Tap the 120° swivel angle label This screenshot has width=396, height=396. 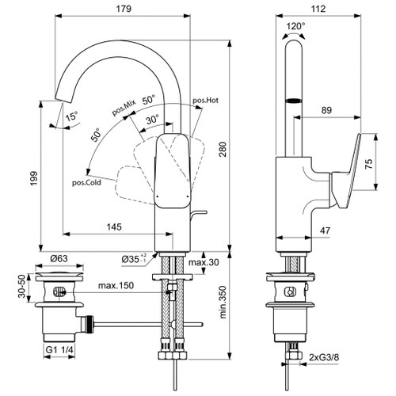(295, 25)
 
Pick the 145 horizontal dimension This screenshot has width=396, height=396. (115, 227)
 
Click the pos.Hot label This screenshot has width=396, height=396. (206, 101)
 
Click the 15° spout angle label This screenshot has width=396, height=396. (72, 116)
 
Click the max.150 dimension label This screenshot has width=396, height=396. (116, 285)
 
